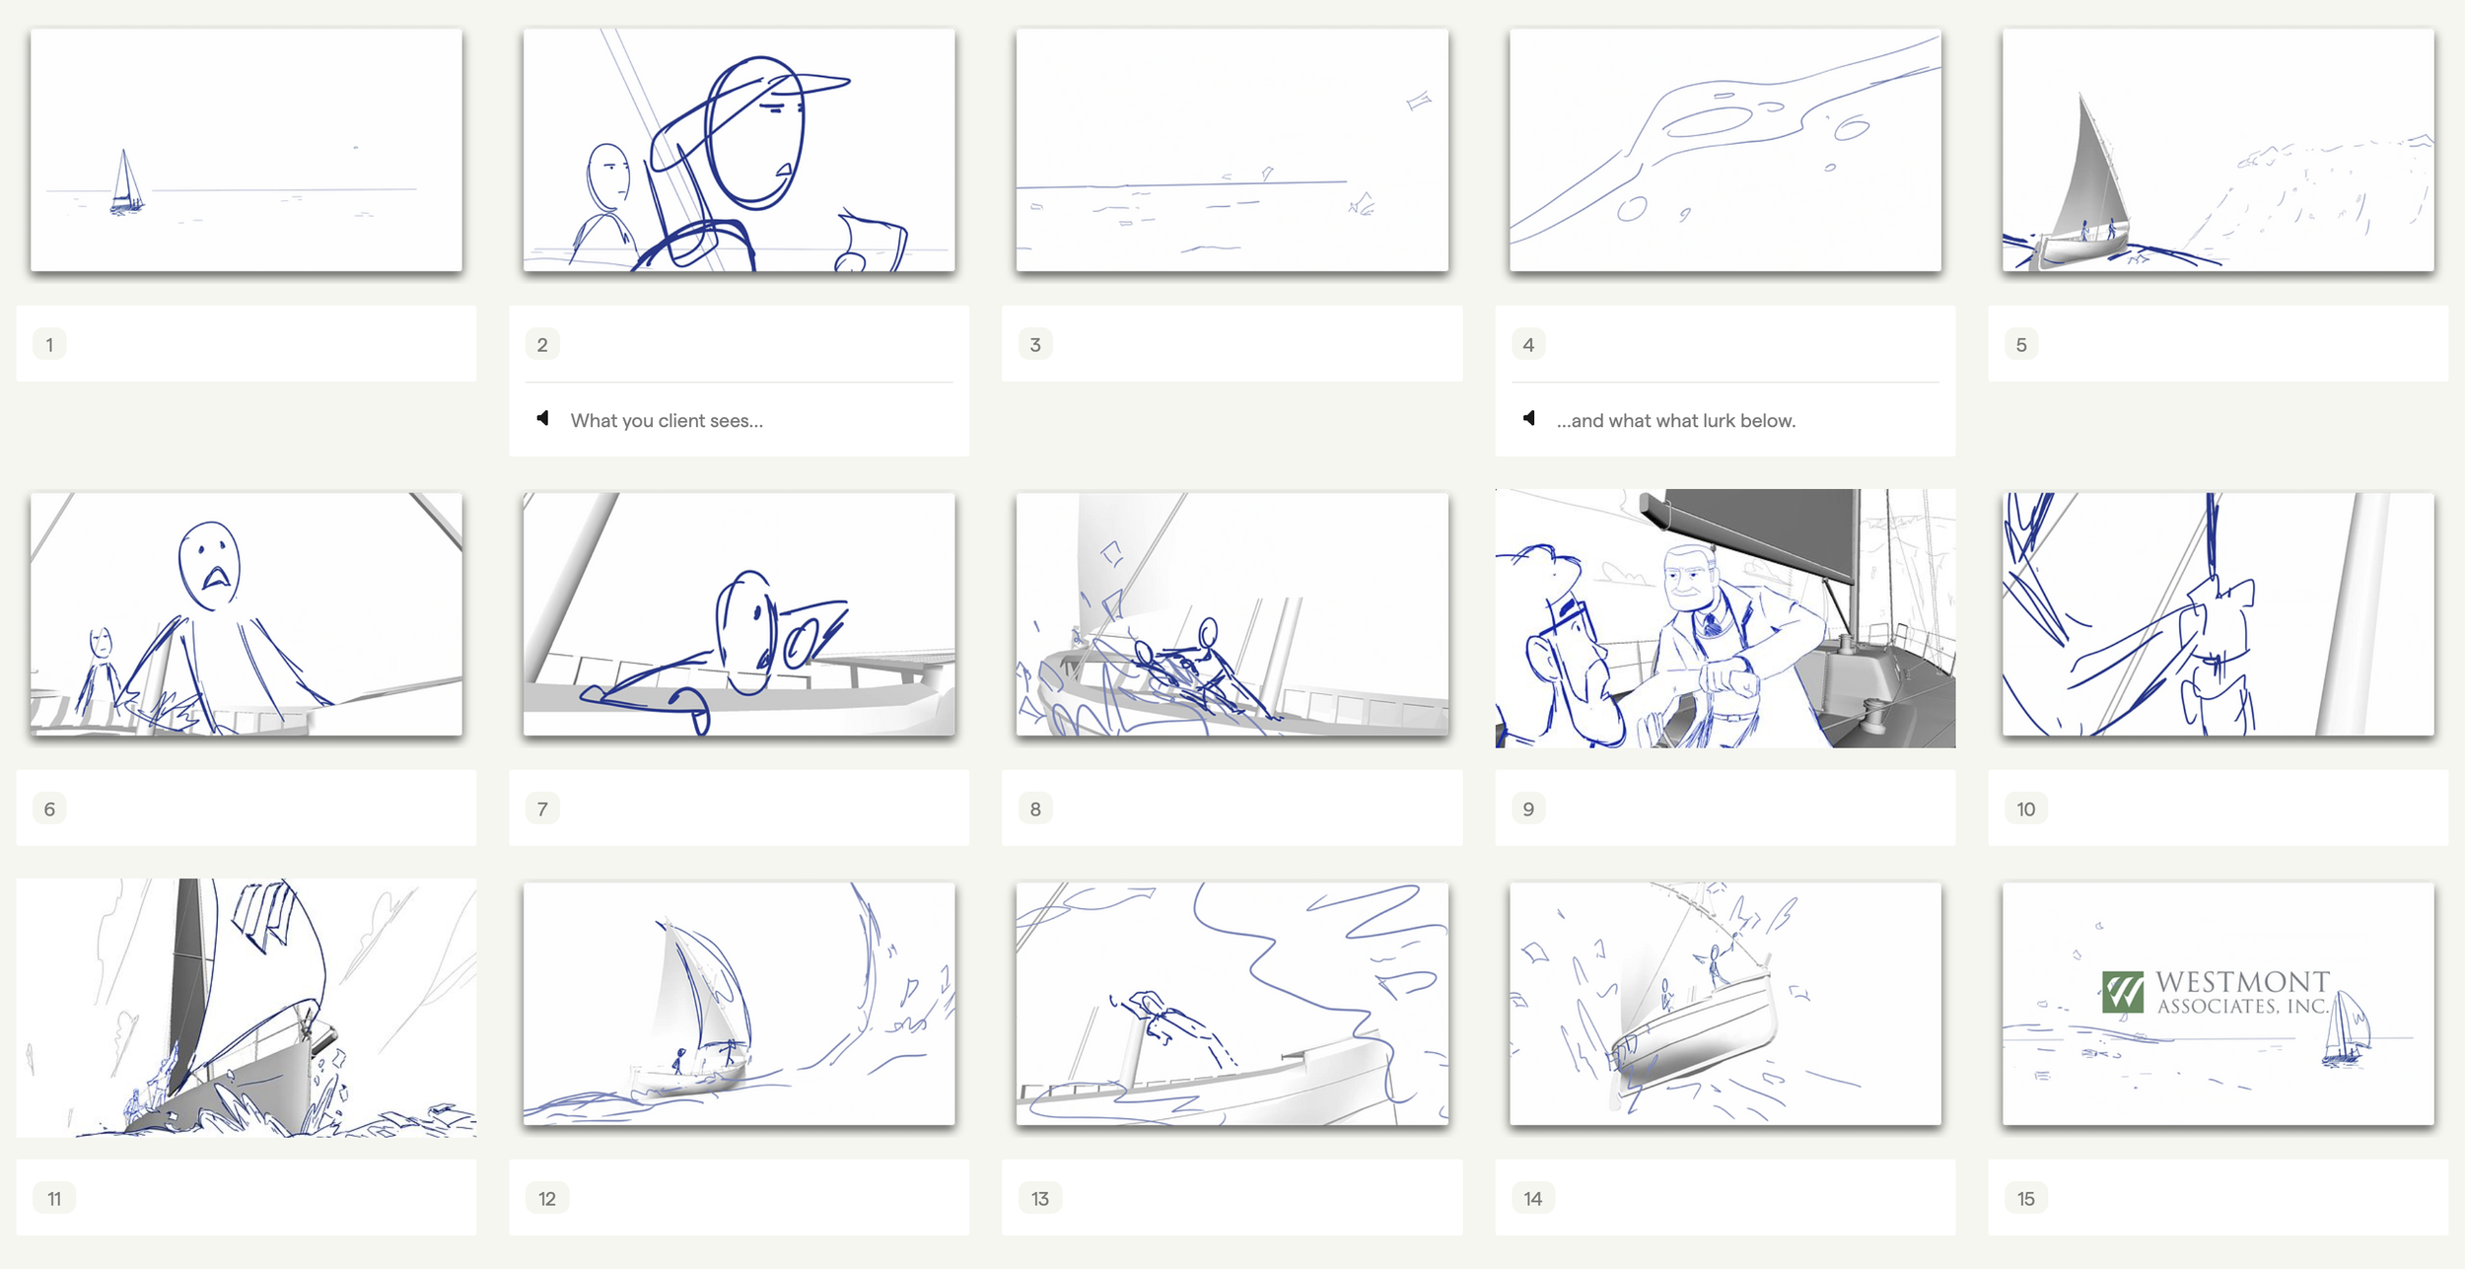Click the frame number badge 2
542,344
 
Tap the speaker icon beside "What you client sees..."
542,418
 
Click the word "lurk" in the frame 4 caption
1719,420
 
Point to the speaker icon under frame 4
1528,418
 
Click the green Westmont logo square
2123,992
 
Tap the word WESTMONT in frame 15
2242,982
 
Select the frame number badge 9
1528,809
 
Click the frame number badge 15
2026,1198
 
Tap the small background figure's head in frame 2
607,176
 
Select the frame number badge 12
547,1198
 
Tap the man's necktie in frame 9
1712,622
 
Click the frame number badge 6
49,809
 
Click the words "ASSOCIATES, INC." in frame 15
2243,1007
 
